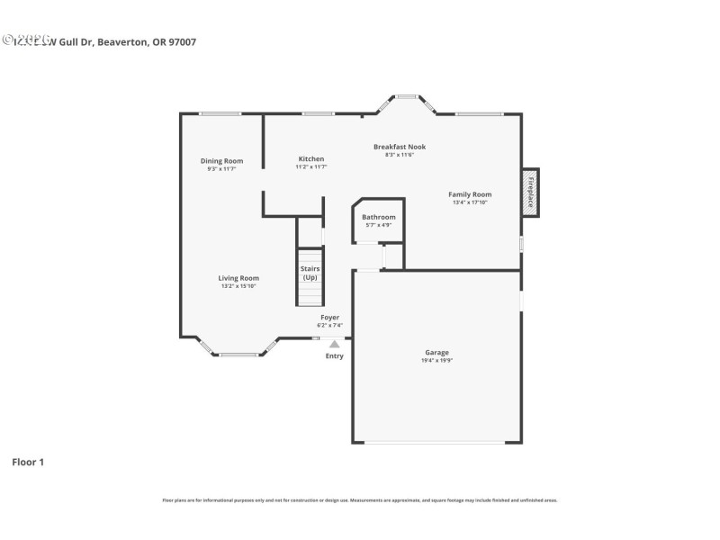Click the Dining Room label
pyautogui.click(x=221, y=161)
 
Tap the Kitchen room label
pyautogui.click(x=311, y=159)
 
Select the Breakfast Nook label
pyautogui.click(x=400, y=147)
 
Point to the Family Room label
pyautogui.click(x=470, y=194)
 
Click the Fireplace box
pyautogui.click(x=531, y=193)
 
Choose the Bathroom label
pyautogui.click(x=378, y=217)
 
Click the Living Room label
pyautogui.click(x=238, y=278)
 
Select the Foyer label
pyautogui.click(x=330, y=318)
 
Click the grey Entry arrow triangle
pyautogui.click(x=335, y=343)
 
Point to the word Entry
pyautogui.click(x=335, y=355)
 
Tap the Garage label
pyautogui.click(x=437, y=353)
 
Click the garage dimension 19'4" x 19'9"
pyautogui.click(x=437, y=361)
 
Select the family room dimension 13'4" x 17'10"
pyautogui.click(x=470, y=202)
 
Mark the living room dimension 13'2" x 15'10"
pyautogui.click(x=238, y=286)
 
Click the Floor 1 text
pyautogui.click(x=28, y=462)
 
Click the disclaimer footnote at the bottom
pyautogui.click(x=360, y=499)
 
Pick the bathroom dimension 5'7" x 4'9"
pyautogui.click(x=378, y=225)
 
